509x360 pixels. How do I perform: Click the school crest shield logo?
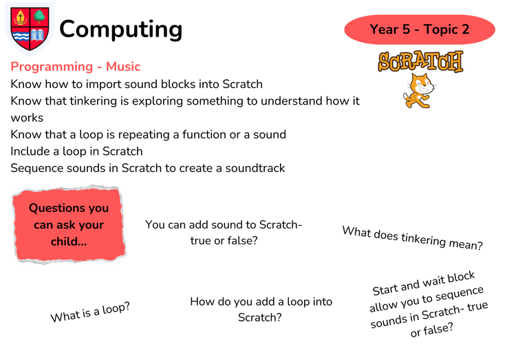[x=30, y=29]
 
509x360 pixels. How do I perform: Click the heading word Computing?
[x=121, y=30]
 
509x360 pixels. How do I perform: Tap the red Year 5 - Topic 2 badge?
[x=420, y=29]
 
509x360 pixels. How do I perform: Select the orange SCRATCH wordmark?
[x=421, y=61]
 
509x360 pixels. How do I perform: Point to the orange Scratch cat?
[x=419, y=91]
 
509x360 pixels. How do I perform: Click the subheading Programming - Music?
[x=75, y=67]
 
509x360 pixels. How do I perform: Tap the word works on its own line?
[x=27, y=118]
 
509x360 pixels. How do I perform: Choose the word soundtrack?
[x=255, y=169]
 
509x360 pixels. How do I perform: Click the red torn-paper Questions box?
[x=69, y=224]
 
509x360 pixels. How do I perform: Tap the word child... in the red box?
[x=69, y=242]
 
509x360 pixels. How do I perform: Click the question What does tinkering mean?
[x=413, y=238]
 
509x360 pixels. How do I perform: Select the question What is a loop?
[x=90, y=312]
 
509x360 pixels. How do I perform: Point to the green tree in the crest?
[x=40, y=17]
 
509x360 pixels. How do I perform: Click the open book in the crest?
[x=38, y=35]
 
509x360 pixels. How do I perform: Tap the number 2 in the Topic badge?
[x=465, y=30]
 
